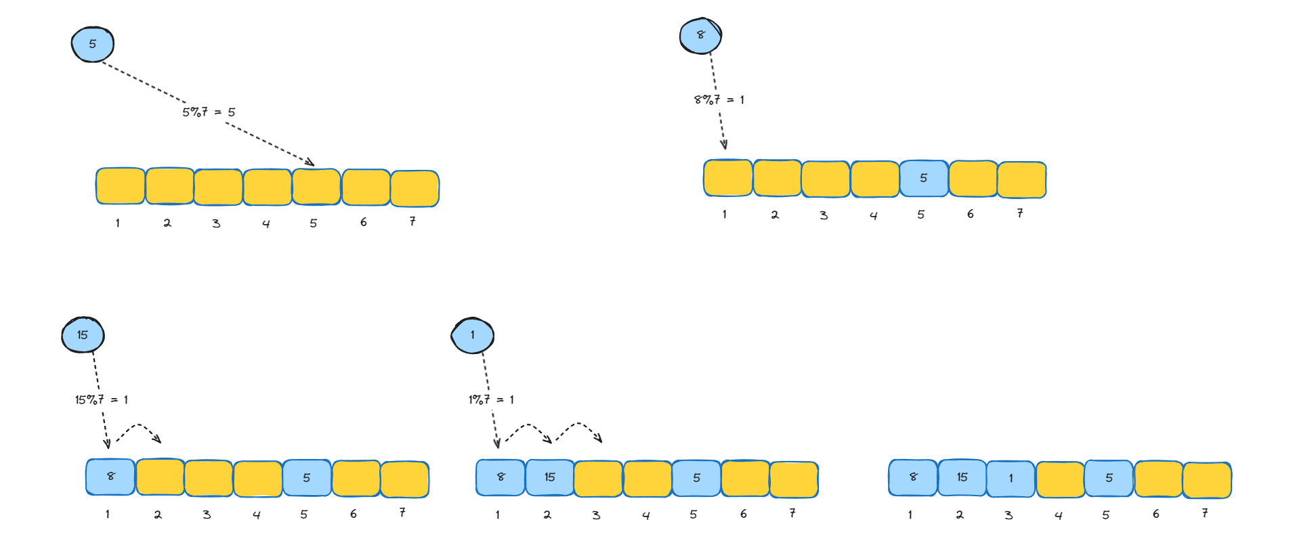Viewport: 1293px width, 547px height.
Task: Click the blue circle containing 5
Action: point(93,44)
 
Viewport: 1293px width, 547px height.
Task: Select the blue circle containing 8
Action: point(700,35)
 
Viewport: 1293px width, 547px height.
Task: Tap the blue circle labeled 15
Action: point(83,334)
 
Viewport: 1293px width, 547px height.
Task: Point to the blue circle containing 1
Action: point(472,335)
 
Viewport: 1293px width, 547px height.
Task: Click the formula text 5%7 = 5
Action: point(209,112)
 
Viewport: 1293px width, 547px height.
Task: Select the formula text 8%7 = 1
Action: point(719,100)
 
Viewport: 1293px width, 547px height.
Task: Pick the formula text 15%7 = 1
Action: point(102,399)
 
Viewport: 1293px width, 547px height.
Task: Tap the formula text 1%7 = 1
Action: point(491,399)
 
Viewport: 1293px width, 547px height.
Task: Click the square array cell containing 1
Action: point(1011,478)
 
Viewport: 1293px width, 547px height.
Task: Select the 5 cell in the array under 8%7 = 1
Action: point(923,178)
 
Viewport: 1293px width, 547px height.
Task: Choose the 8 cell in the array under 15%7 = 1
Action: point(110,477)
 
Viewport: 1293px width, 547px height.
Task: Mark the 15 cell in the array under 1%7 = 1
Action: point(549,477)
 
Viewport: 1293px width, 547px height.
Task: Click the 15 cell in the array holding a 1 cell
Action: point(962,477)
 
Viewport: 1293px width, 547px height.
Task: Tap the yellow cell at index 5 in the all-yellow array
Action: point(316,187)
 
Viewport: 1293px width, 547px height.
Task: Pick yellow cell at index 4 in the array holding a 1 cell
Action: point(1060,479)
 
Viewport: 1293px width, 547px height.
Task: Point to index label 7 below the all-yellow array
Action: point(412,221)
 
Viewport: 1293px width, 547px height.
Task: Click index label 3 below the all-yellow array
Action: point(216,223)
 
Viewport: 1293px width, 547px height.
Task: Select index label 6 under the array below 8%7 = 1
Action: point(970,214)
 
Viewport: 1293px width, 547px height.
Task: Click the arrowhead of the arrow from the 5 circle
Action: point(310,162)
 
